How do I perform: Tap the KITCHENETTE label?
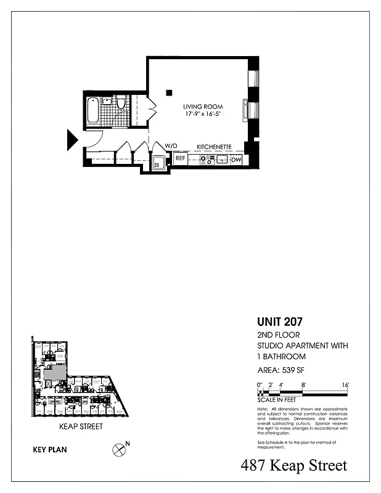(214, 147)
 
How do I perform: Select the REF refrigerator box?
(180, 159)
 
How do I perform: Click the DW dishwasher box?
(236, 160)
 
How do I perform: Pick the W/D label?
(171, 146)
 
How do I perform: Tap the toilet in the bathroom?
(121, 103)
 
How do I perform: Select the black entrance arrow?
(72, 140)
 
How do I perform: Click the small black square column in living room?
(168, 93)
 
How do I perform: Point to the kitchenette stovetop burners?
(206, 160)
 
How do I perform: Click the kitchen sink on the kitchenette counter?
(221, 160)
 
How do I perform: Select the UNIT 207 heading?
(279, 321)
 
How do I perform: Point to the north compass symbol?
(118, 450)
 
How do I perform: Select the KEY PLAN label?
(49, 450)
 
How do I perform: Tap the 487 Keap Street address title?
(293, 466)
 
